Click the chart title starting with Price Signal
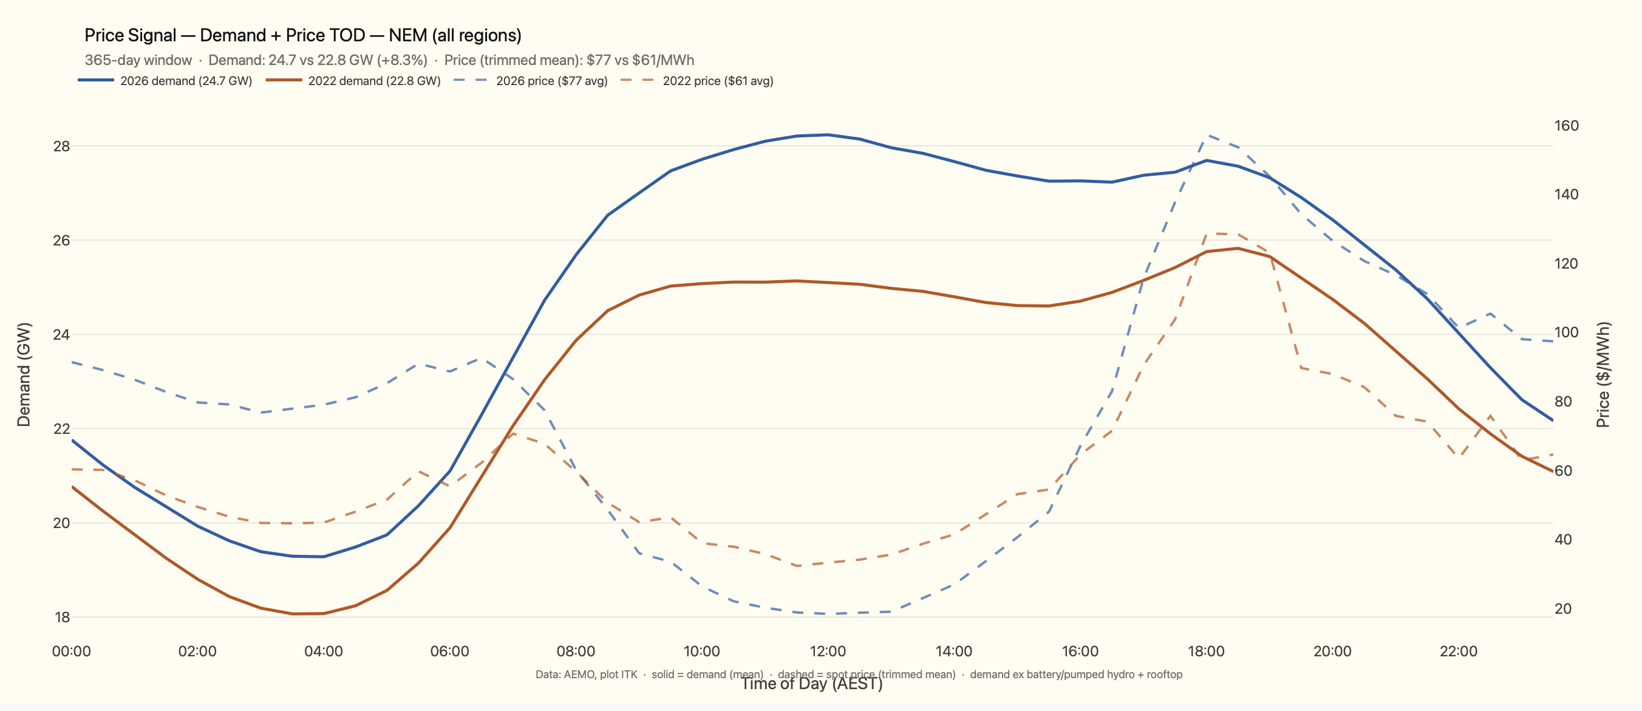coord(303,35)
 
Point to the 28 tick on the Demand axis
coord(61,146)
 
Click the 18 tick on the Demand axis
coord(62,617)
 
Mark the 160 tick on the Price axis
coord(1566,126)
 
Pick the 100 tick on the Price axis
coord(1566,332)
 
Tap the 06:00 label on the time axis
coord(449,651)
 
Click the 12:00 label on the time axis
coord(827,651)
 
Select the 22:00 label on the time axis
coord(1458,651)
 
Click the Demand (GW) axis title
coord(24,374)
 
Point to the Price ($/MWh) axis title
coord(1604,374)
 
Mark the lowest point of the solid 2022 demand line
coord(293,614)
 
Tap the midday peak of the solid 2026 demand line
coord(827,134)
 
